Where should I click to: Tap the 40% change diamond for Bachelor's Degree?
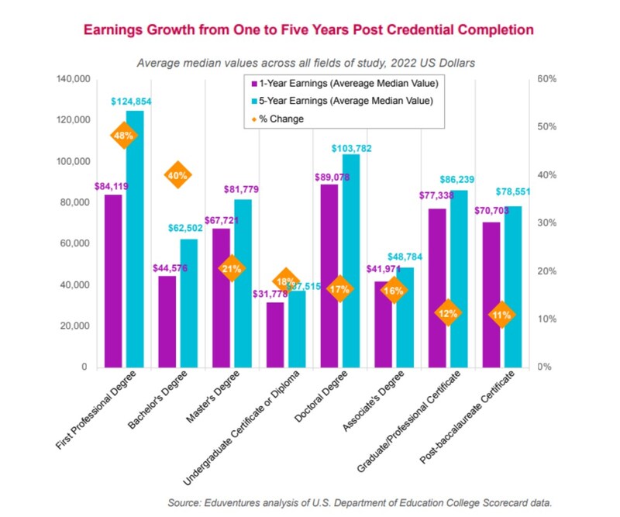click(177, 175)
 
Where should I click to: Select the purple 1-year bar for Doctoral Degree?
click(329, 275)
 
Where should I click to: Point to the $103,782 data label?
click(353, 147)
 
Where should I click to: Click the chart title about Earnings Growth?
click(308, 30)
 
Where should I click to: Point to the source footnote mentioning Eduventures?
click(360, 503)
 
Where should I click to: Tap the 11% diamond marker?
click(501, 315)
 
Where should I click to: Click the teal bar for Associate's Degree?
click(405, 317)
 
